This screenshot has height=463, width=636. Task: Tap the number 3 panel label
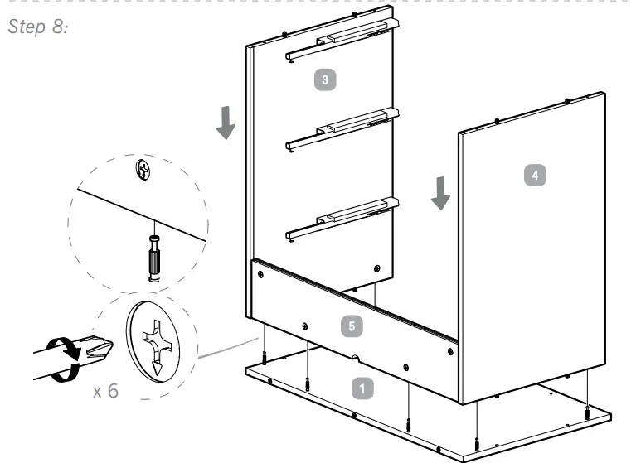(x=325, y=80)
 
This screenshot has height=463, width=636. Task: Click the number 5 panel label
(x=352, y=326)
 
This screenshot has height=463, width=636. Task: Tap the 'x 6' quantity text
(x=105, y=390)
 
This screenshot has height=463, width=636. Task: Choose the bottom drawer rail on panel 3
(x=340, y=217)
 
